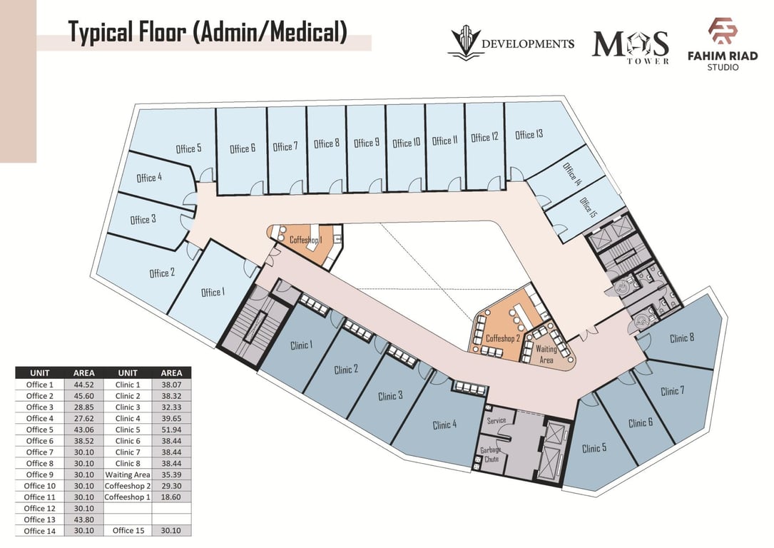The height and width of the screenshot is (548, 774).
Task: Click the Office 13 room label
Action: pyautogui.click(x=529, y=134)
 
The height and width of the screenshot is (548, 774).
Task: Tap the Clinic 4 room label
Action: pyautogui.click(x=444, y=425)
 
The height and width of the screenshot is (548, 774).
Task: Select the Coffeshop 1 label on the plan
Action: pyautogui.click(x=305, y=240)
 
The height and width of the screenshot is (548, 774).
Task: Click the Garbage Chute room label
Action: pyautogui.click(x=491, y=455)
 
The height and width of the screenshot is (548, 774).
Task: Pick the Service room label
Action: pyautogui.click(x=496, y=420)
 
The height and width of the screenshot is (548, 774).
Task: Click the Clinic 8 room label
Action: pyautogui.click(x=682, y=338)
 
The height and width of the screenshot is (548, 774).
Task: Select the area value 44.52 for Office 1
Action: pyautogui.click(x=83, y=385)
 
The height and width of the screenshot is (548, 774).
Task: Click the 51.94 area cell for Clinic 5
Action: pyautogui.click(x=170, y=430)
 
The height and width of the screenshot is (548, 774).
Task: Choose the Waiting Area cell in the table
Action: pyautogui.click(x=128, y=475)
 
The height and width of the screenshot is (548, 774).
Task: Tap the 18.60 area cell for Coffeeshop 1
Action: pyautogui.click(x=170, y=497)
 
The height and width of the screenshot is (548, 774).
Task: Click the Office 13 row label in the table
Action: pyautogui.click(x=39, y=520)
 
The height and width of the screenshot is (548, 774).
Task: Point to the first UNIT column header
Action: pyautogui.click(x=39, y=373)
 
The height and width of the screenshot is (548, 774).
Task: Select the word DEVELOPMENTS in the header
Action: pyautogui.click(x=527, y=44)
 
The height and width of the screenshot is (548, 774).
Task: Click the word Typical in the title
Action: pyautogui.click(x=101, y=33)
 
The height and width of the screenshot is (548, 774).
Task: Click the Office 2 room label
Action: pyautogui.click(x=162, y=273)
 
